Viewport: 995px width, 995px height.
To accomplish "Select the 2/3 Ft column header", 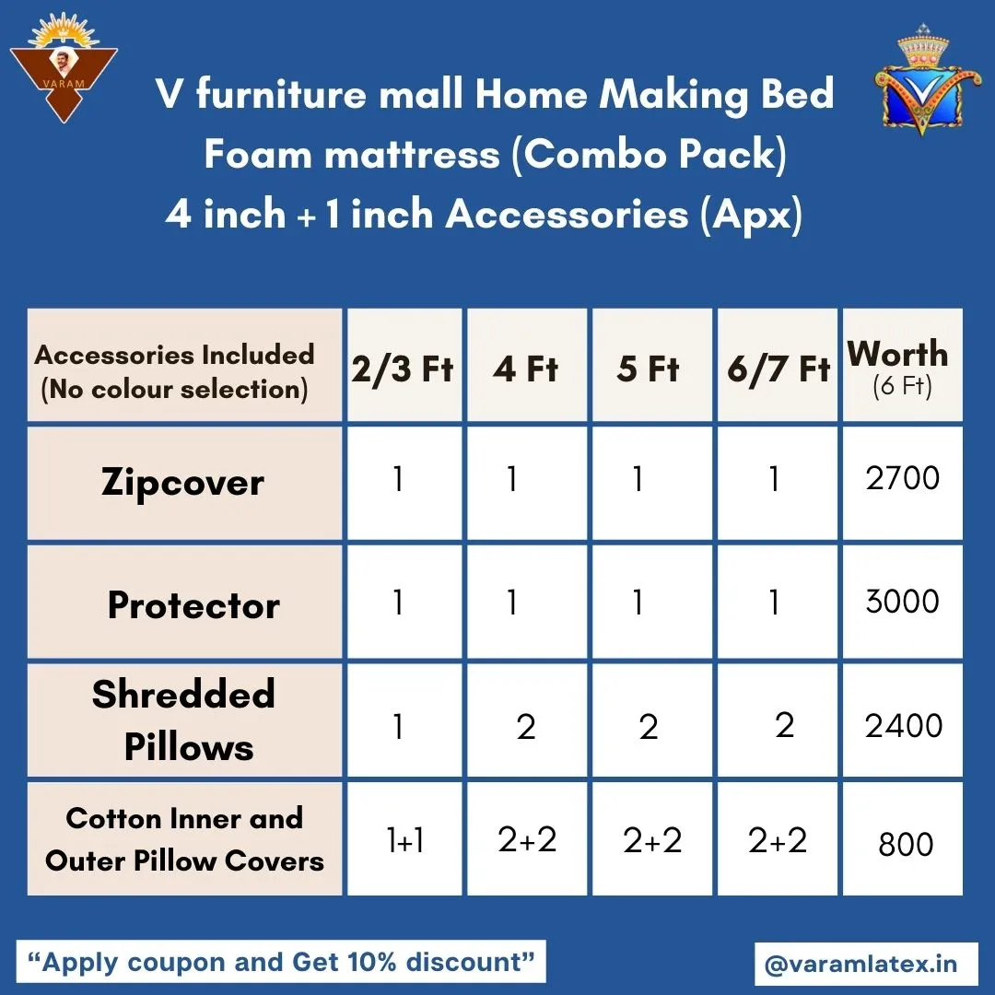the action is coord(403,369).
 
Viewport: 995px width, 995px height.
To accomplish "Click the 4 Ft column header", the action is coord(525,369).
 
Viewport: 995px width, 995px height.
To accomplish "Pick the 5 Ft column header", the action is coord(648,369).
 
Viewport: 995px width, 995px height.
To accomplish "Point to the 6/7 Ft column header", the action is coord(778,369).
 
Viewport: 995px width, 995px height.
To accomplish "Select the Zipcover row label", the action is coord(182,483).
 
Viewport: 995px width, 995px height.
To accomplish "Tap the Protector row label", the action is coord(193,604).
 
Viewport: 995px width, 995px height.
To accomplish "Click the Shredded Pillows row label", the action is coord(184,720).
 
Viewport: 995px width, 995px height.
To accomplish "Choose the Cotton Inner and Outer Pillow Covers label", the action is coord(184,839).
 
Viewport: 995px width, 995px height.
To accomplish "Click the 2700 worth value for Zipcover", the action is coord(902,478).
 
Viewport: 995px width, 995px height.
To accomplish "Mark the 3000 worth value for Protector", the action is coord(902,601).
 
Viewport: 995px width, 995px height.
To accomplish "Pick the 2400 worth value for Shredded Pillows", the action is coord(904,726).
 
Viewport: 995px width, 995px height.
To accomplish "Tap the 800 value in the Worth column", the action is coord(906,845).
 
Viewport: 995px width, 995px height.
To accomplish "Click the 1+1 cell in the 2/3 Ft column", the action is coord(405,840).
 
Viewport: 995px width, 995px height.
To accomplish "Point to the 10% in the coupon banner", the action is coord(371,962).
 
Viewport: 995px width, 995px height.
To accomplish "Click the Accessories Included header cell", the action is coord(184,365).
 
